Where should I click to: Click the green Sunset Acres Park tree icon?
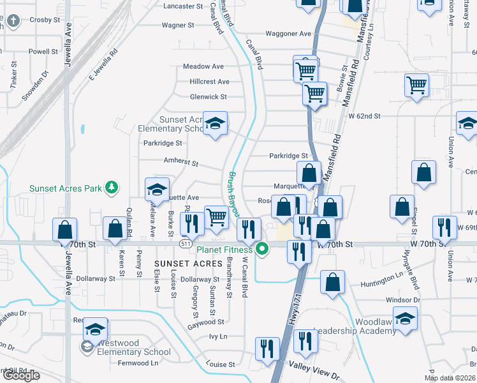click(112, 187)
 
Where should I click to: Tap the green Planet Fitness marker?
click(261, 250)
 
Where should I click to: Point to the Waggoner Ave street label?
click(288, 34)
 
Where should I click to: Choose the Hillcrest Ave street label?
click(209, 82)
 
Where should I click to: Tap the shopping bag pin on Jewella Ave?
click(64, 229)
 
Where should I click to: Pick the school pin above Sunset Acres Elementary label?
click(216, 123)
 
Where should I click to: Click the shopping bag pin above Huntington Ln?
click(332, 282)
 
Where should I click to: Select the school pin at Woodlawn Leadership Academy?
click(405, 318)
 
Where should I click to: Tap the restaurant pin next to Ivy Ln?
click(267, 348)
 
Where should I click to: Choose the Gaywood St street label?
click(206, 322)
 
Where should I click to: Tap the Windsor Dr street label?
click(403, 299)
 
